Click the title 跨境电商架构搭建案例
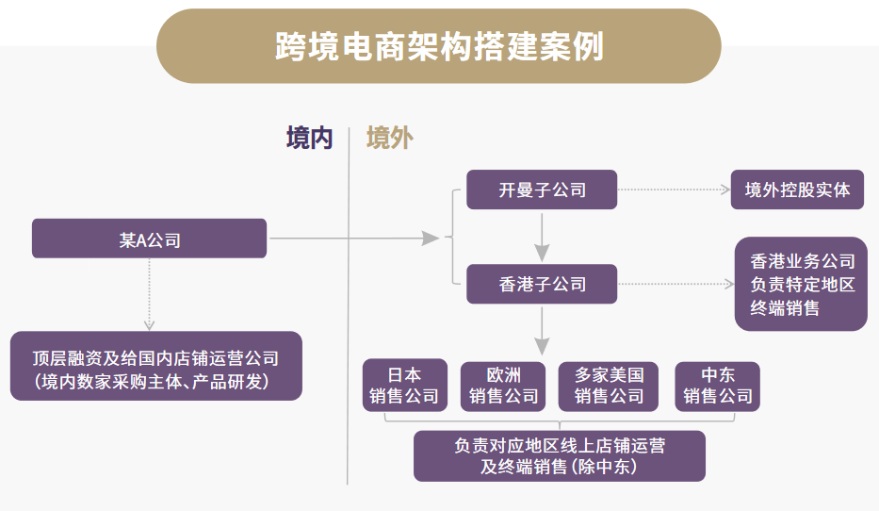point(439,45)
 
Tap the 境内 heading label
point(310,139)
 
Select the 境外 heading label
point(390,139)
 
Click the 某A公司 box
point(150,239)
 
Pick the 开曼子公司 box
point(542,190)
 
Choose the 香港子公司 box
point(542,284)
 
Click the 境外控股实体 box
point(797,190)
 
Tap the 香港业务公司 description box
point(801,284)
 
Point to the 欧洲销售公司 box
point(503,385)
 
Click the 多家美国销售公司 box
point(609,385)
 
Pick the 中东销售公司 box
point(717,385)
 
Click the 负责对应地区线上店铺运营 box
point(559,455)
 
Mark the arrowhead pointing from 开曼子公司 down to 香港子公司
point(542,253)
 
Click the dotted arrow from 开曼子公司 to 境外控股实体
point(674,190)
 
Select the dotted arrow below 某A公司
point(149,292)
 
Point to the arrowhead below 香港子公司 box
point(542,345)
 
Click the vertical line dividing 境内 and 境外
point(348,311)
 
